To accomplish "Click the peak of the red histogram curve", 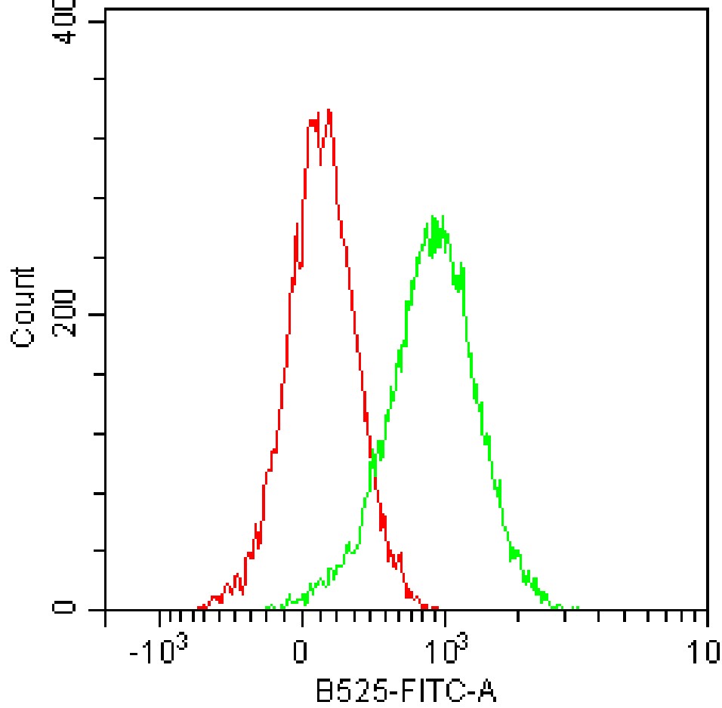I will [328, 111].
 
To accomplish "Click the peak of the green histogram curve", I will [434, 217].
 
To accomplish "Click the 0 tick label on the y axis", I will [63, 608].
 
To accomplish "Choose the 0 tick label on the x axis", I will [301, 650].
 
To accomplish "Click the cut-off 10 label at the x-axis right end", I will [710, 650].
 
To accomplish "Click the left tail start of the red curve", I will [199, 607].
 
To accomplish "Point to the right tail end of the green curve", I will [577, 608].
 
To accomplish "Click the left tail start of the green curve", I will [267, 607].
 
